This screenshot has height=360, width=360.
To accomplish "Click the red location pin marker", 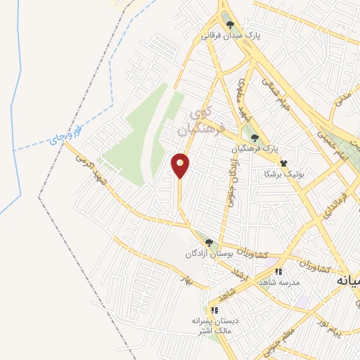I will pyautogui.click(x=181, y=165).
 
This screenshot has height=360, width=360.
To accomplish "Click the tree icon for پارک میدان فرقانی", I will pyautogui.click(x=230, y=25).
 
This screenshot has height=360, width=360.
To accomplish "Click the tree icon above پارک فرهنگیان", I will pyautogui.click(x=255, y=139).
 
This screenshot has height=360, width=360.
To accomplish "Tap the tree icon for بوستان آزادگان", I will pyautogui.click(x=209, y=243).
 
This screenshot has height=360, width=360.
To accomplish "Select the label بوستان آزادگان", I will pyautogui.click(x=208, y=253).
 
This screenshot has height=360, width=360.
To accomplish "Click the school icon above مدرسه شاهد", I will pyautogui.click(x=278, y=271).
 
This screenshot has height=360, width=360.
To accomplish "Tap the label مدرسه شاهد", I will pyautogui.click(x=278, y=281).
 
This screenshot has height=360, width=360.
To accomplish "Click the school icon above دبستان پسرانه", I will pyautogui.click(x=214, y=309).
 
